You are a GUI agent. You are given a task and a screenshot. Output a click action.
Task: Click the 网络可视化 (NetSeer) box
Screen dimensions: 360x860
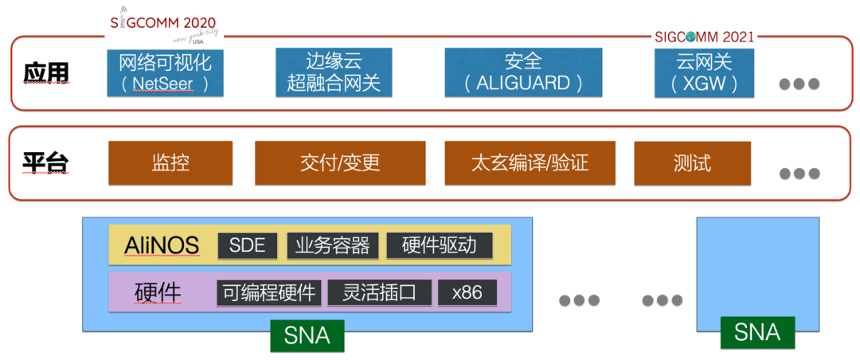tap(166, 72)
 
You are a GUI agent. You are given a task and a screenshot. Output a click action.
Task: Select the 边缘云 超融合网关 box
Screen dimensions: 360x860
tap(334, 72)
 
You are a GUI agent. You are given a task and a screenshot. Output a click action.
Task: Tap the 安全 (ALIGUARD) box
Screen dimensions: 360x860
tap(523, 72)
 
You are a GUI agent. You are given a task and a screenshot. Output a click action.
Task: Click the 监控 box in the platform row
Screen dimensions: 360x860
tap(170, 163)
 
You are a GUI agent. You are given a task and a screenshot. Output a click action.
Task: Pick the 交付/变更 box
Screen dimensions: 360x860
tap(340, 163)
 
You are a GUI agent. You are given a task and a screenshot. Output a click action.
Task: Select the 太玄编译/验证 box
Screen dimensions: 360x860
tap(530, 163)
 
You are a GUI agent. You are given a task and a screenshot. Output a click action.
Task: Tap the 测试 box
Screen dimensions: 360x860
tap(691, 163)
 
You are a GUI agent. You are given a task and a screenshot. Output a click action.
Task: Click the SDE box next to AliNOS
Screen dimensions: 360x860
tap(247, 245)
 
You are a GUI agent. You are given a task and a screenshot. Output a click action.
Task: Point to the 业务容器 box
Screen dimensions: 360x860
tap(332, 245)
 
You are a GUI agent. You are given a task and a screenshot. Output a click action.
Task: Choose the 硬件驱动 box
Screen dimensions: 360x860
tap(440, 245)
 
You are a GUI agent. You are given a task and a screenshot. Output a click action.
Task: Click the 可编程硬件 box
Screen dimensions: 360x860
tap(269, 292)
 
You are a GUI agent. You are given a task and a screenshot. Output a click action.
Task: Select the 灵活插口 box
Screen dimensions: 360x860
tap(379, 292)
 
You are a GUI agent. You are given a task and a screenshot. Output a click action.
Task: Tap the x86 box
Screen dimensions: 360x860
tap(467, 292)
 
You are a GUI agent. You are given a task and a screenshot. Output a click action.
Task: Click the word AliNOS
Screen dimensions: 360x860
tap(162, 246)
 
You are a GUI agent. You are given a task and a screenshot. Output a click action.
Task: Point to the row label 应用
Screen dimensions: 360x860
tap(46, 73)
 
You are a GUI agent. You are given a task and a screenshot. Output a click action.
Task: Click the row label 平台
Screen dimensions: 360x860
tap(45, 164)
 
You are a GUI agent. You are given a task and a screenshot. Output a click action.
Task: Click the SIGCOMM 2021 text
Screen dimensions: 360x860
tap(704, 37)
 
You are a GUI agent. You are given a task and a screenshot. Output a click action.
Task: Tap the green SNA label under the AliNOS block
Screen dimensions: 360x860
tap(307, 335)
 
